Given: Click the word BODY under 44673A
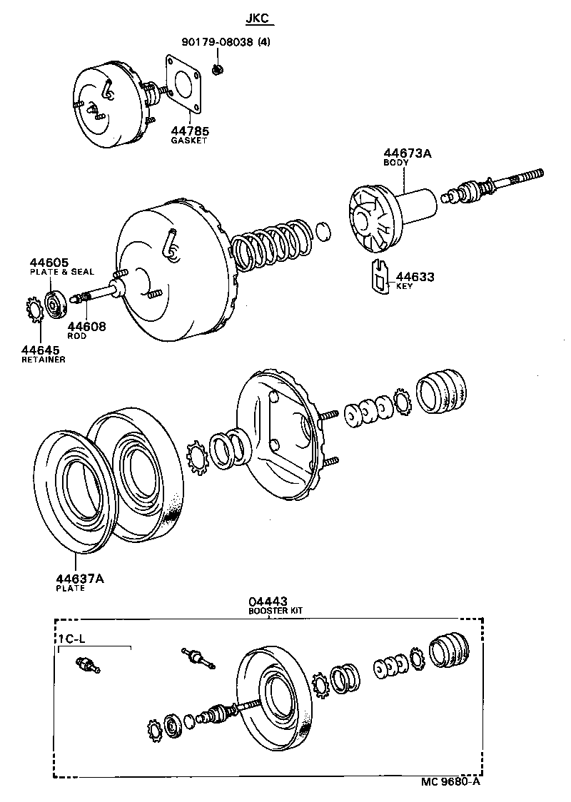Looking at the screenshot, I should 396,163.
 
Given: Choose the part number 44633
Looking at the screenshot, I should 415,277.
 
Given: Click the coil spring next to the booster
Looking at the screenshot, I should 271,246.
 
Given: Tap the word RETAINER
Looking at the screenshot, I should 44,360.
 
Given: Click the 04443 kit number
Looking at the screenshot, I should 268,601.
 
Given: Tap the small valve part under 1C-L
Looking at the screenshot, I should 89,665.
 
